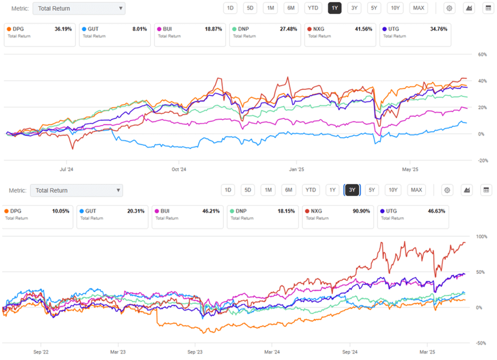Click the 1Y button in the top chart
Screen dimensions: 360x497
pos(334,8)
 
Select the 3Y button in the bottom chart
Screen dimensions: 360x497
pos(352,190)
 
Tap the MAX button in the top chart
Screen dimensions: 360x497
pos(418,8)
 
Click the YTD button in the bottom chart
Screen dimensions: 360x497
pos(310,190)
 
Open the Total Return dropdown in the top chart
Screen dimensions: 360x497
pos(79,8)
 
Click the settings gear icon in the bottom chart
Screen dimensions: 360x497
pos(447,190)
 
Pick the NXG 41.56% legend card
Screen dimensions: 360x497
pos(339,32)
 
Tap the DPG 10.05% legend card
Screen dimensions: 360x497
pos(37,214)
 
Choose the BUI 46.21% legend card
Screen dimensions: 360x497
pos(187,214)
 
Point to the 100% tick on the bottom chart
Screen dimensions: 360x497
pos(481,237)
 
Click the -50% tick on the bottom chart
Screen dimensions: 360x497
pos(481,343)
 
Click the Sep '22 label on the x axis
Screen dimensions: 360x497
pos(41,351)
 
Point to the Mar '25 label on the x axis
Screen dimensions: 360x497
pos(427,351)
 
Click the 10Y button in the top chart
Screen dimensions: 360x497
pos(395,8)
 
